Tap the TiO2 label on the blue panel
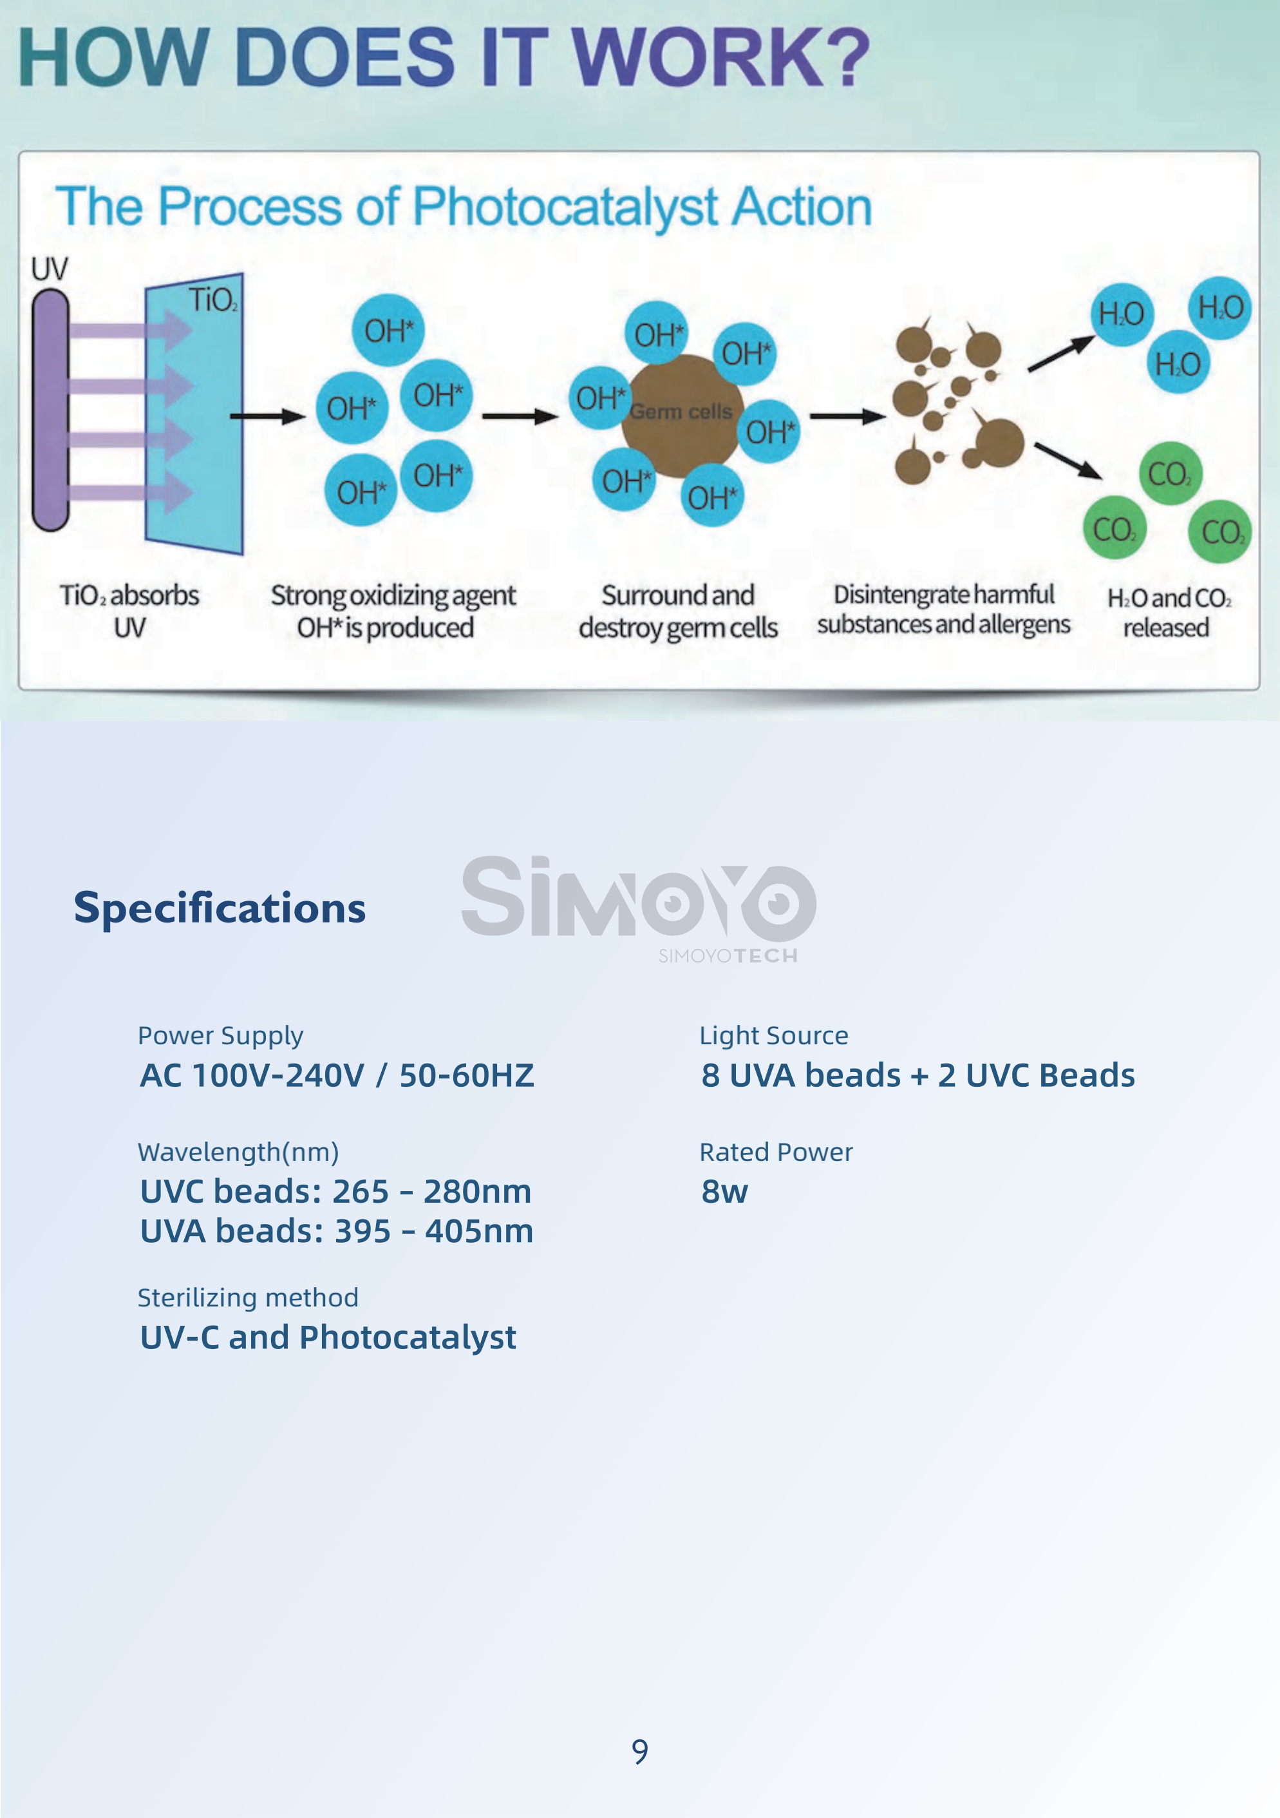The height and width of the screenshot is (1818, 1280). coord(212,301)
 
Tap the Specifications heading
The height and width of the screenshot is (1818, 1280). coord(220,908)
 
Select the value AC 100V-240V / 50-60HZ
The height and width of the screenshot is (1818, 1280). coord(337,1075)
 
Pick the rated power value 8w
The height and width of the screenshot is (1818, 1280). coord(724,1192)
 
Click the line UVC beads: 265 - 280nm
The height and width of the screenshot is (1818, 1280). coord(335,1192)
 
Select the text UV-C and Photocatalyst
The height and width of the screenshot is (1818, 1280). coord(328,1337)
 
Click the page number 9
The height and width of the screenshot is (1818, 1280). coord(639,1751)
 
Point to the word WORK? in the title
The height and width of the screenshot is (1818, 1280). coord(720,56)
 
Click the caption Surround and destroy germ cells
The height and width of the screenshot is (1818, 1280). coord(679,611)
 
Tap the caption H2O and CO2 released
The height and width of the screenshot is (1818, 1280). coord(1169,612)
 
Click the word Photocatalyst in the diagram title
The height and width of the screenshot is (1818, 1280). coord(565,207)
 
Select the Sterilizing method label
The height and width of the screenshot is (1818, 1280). coord(248,1297)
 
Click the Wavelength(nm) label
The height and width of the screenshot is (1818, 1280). coord(238,1152)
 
